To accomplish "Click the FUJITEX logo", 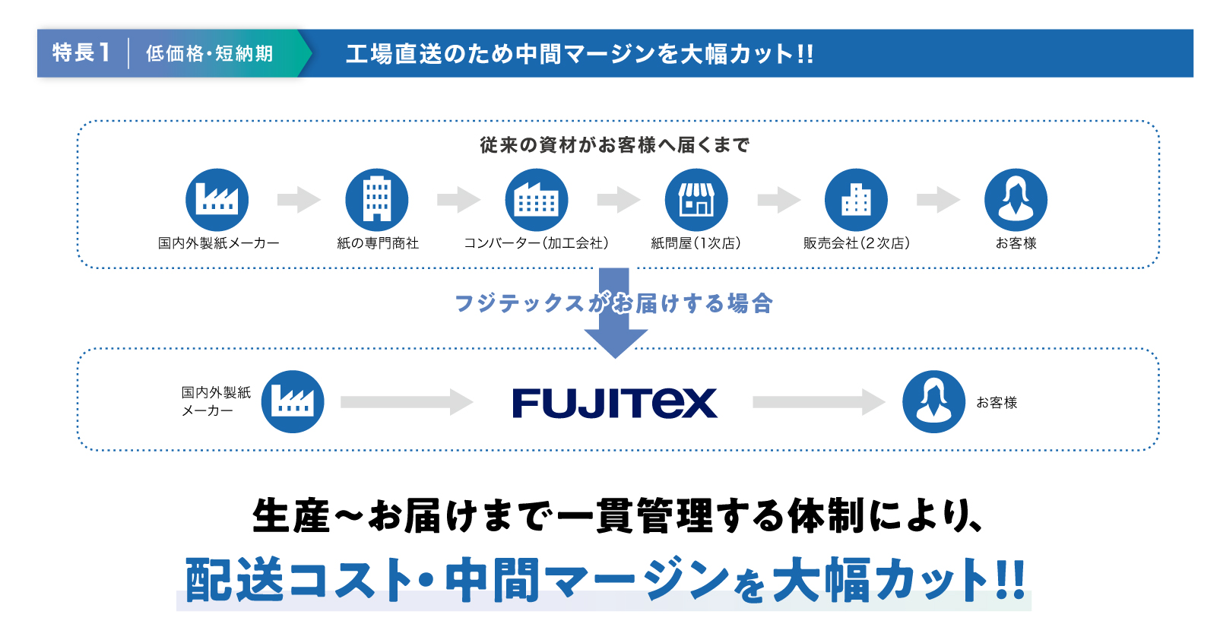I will click(614, 403).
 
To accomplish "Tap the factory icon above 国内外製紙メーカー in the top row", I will click(217, 200).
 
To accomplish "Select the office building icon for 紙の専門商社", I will click(377, 200).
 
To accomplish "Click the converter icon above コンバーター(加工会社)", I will click(537, 200).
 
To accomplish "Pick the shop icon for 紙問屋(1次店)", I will click(696, 200).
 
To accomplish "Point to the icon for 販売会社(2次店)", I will click(856, 200).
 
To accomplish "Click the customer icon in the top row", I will click(1016, 200).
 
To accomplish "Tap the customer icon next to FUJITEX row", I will click(934, 402).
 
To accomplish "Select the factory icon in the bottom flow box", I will click(293, 402).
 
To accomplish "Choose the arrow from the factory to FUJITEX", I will click(407, 402).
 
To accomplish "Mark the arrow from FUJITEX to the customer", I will click(819, 402).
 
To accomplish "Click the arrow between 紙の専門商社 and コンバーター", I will click(458, 200).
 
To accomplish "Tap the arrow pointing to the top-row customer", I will click(938, 200).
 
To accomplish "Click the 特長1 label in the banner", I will click(81, 53).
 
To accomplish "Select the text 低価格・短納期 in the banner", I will click(209, 53).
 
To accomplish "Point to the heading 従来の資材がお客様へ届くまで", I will click(614, 144).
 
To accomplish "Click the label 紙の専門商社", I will click(378, 243).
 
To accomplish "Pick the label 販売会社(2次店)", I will click(857, 243).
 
